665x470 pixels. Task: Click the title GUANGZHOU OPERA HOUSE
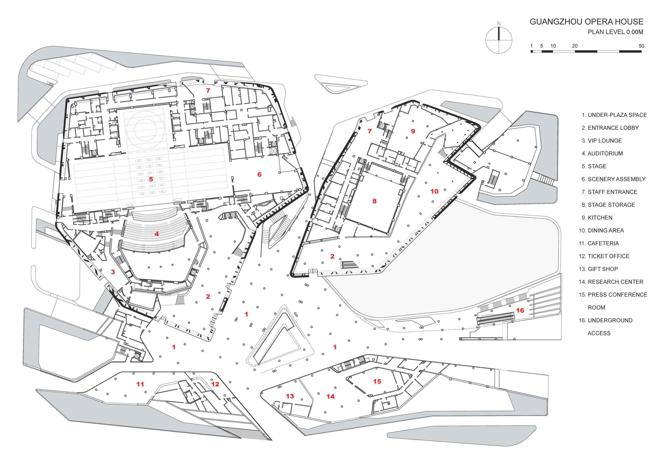pos(586,22)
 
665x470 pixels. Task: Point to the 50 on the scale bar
pos(641,46)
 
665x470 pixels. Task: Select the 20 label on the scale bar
pos(575,46)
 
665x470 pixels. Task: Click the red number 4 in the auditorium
pos(157,233)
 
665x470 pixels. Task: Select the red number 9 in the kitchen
pos(413,131)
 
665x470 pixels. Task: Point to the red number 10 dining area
pos(434,191)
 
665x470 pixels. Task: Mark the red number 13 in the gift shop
pos(290,396)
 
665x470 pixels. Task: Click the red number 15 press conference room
pos(377,381)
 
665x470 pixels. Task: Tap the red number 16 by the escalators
pos(520,310)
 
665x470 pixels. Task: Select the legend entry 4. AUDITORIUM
pos(602,153)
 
